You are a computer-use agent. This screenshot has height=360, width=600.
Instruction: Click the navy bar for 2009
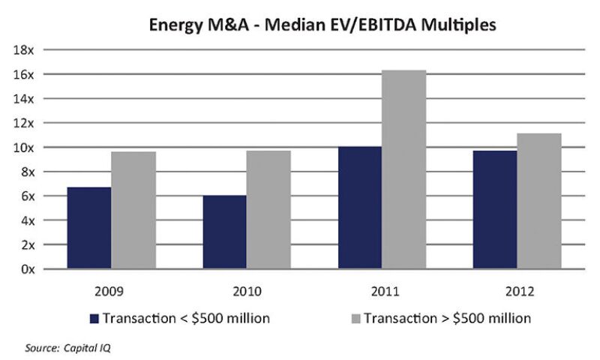click(x=89, y=228)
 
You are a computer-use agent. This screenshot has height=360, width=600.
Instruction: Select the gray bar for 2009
click(x=133, y=210)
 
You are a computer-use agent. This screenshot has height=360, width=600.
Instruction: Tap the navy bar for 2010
click(x=224, y=232)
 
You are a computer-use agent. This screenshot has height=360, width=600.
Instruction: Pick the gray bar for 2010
click(x=268, y=209)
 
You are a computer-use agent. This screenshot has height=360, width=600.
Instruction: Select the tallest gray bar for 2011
click(x=404, y=169)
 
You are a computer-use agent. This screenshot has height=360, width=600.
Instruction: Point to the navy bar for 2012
click(x=495, y=209)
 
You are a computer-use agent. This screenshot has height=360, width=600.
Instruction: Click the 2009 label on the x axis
click(x=111, y=290)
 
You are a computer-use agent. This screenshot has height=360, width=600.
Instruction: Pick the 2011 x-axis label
click(x=382, y=290)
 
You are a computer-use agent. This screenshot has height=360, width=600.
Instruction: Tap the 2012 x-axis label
click(x=517, y=290)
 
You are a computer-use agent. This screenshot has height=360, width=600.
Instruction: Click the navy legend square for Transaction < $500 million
click(x=94, y=319)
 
